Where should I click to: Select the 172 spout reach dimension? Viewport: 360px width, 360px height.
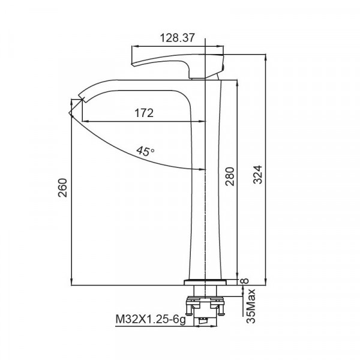(x=143, y=112)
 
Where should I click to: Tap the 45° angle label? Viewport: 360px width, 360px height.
(x=145, y=151)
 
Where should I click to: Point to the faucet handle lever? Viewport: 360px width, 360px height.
(x=180, y=63)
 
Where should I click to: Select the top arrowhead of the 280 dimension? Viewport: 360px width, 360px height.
(x=239, y=82)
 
